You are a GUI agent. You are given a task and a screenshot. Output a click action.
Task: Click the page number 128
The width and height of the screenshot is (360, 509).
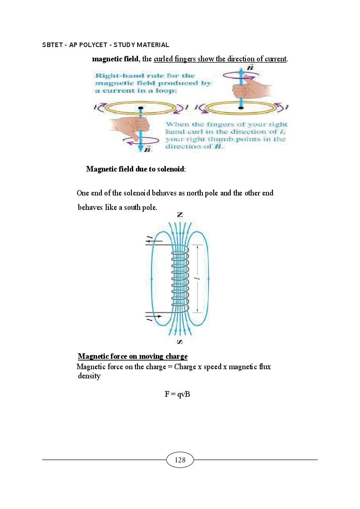[x=180, y=460]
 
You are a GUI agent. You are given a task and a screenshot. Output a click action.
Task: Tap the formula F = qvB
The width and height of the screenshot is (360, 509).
[x=177, y=394]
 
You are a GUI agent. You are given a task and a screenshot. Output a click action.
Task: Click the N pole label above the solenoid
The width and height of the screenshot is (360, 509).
[x=180, y=215]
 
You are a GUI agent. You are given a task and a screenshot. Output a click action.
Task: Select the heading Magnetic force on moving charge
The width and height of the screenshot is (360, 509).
[x=132, y=357]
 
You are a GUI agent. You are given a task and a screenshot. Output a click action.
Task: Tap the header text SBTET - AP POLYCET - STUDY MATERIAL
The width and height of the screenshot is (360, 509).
[x=106, y=45]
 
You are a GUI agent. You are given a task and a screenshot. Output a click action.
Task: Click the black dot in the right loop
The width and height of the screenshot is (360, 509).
[x=241, y=107]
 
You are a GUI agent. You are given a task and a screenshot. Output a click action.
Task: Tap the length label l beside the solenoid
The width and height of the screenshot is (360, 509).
[x=198, y=278]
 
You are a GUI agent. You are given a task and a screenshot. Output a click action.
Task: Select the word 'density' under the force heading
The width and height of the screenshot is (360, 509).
[x=89, y=376]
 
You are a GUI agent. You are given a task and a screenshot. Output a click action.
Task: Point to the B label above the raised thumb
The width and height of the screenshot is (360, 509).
[x=250, y=68]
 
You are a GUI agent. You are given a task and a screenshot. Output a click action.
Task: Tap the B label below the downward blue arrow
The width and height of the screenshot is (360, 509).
[x=147, y=150]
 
